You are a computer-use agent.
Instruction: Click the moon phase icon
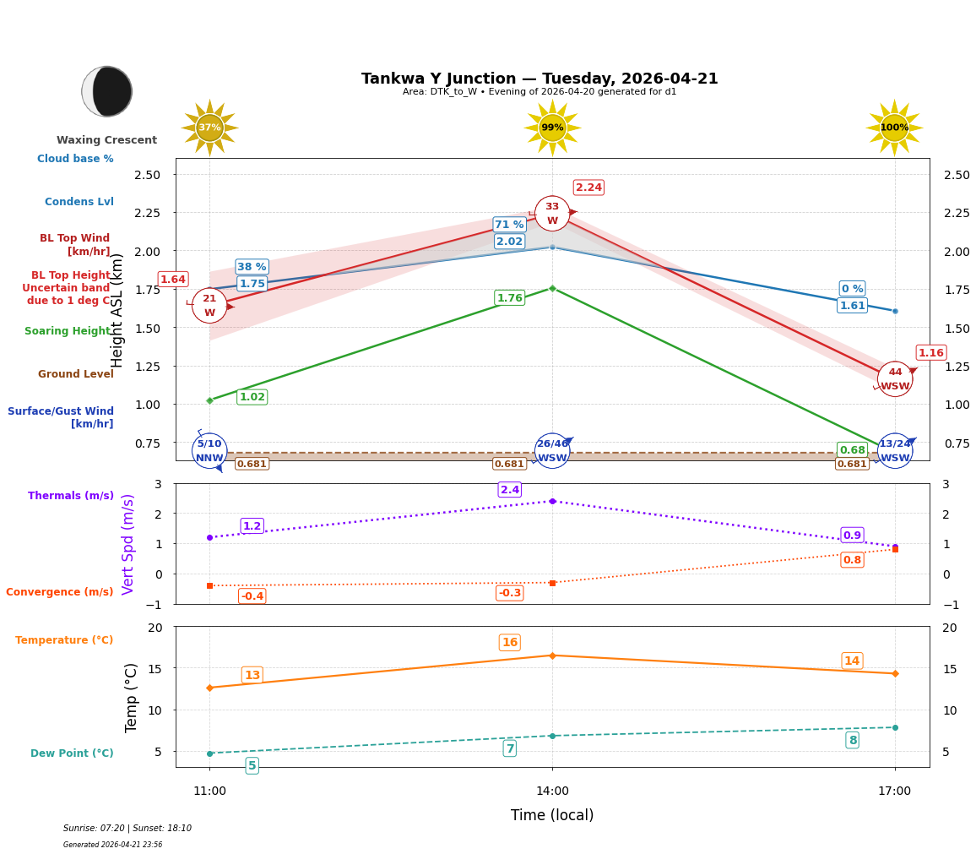coord(107,91)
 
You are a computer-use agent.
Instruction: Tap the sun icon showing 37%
coord(209,128)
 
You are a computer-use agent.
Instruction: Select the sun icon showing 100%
coord(894,128)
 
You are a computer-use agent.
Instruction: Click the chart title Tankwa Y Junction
coord(540,79)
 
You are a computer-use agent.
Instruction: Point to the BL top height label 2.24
coord(588,188)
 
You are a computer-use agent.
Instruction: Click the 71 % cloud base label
coord(509,225)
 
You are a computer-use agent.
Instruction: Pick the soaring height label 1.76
coord(509,298)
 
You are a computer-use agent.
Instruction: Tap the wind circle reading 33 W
coord(552,214)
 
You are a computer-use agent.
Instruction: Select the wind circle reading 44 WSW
coord(895,379)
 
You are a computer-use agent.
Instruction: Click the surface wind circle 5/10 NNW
coord(209,451)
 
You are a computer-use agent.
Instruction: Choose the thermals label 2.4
coord(510,490)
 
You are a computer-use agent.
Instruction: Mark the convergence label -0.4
coord(252,596)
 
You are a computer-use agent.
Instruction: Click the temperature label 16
coord(510,643)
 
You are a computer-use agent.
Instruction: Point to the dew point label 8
coord(852,740)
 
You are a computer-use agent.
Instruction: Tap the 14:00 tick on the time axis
coord(552,791)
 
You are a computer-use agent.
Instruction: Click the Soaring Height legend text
coord(68,331)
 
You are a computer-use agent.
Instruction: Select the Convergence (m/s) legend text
coord(60,592)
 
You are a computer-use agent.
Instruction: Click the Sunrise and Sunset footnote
coord(127,829)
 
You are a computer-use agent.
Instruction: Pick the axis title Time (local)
coord(552,816)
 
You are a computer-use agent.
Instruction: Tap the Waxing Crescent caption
coord(107,140)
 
